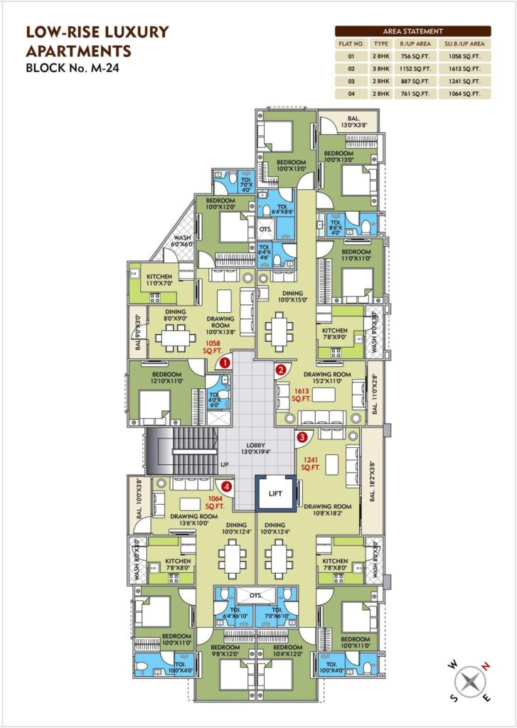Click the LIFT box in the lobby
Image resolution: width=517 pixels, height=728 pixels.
(275, 493)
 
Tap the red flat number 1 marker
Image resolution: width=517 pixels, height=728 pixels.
(225, 363)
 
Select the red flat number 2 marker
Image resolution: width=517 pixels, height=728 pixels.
(281, 370)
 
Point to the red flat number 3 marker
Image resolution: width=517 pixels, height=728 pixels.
(302, 437)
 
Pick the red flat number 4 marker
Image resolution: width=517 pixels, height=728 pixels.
(226, 487)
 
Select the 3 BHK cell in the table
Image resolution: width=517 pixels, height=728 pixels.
(382, 69)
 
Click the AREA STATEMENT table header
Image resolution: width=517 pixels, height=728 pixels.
(412, 31)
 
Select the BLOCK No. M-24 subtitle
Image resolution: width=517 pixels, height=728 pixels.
(68, 69)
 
